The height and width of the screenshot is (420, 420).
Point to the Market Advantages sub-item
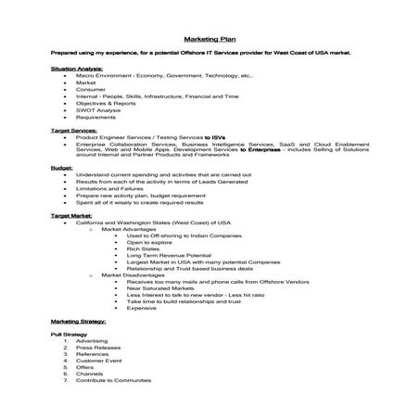(133, 228)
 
